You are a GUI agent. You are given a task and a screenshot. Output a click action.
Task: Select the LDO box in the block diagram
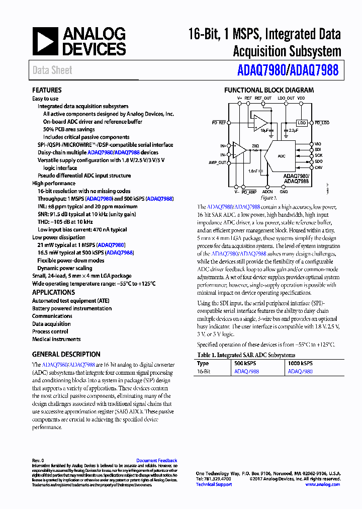pyautogui.click(x=302, y=123)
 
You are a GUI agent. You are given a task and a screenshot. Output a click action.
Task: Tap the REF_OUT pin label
pyautogui.click(x=263, y=98)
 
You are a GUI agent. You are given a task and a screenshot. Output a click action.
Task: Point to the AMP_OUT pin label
pyautogui.click(x=217, y=162)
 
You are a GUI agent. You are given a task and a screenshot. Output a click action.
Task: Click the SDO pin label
pyautogui.click(x=318, y=161)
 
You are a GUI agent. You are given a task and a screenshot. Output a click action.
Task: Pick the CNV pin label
pyautogui.click(x=318, y=168)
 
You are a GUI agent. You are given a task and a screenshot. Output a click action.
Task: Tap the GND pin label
pyautogui.click(x=284, y=192)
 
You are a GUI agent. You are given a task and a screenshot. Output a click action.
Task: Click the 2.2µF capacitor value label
pyautogui.click(x=293, y=130)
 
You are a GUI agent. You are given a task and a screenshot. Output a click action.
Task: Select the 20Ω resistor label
pyautogui.click(x=255, y=146)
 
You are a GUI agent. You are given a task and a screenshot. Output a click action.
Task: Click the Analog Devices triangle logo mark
pyautogui.click(x=46, y=41)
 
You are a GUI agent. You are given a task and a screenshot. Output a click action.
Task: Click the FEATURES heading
pyautogui.click(x=47, y=91)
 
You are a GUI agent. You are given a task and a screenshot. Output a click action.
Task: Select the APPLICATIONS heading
pyautogui.click(x=53, y=292)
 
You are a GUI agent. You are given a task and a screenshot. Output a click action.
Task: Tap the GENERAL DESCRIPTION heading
pyautogui.click(x=66, y=354)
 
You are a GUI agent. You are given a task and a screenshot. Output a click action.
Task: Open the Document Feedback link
pyautogui.click(x=156, y=461)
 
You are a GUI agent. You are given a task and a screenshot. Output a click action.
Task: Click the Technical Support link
pyautogui.click(x=214, y=484)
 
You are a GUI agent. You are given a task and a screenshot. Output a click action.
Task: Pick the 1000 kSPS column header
pyautogui.click(x=301, y=363)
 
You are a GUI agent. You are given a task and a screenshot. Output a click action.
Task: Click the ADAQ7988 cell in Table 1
pyautogui.click(x=247, y=372)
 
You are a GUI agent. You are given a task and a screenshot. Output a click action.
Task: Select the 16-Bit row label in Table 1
pyautogui.click(x=204, y=372)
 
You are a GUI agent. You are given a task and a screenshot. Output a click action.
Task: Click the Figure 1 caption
pyautogui.click(x=268, y=198)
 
